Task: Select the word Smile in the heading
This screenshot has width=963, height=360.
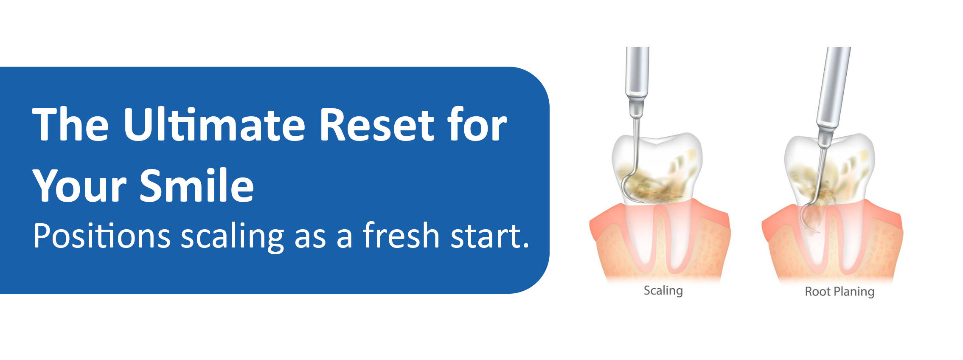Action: click(197, 185)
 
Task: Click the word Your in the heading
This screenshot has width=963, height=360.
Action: click(79, 186)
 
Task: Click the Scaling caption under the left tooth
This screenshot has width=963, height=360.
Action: click(663, 291)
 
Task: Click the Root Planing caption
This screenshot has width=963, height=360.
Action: click(839, 292)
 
